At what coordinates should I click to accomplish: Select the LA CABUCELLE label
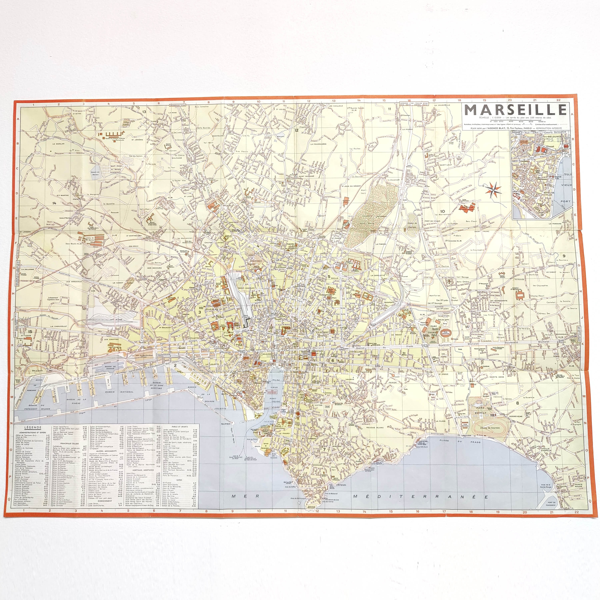tap(58, 326)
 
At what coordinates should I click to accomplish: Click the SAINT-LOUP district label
tap(445, 165)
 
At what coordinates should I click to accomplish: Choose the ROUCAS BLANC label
tap(375, 427)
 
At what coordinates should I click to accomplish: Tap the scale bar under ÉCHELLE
tap(516, 121)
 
